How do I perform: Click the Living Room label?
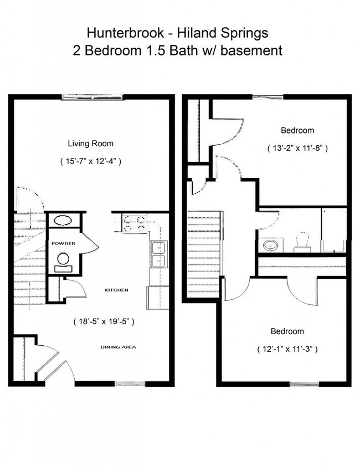(90, 144)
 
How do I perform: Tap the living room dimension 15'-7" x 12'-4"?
(90, 161)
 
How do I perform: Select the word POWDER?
(63, 244)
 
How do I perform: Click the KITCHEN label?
(117, 290)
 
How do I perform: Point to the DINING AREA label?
(118, 347)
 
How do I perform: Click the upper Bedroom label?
(297, 131)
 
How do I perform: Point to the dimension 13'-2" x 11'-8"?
(296, 148)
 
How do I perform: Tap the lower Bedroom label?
(287, 331)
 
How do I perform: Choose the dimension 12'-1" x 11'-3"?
(287, 349)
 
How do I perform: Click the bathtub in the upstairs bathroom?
(334, 230)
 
